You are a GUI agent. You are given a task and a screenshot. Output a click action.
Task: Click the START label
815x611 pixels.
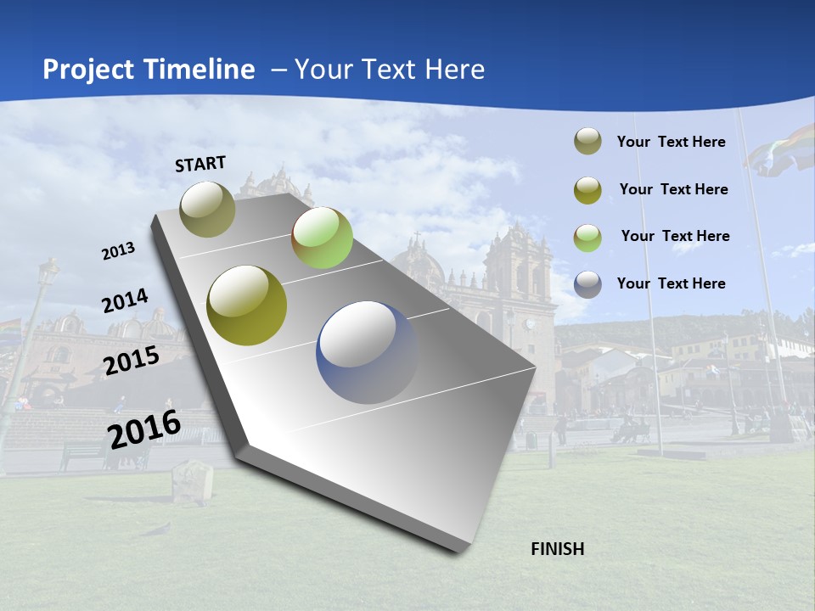coord(200,164)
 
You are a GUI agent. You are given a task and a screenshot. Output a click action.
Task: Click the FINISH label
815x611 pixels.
coord(557,549)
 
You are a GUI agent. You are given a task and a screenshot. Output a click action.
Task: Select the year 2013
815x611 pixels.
coord(118,251)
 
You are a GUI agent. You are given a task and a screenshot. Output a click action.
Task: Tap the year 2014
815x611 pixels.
coord(125,301)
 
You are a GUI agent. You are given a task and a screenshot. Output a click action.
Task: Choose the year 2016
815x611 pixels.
coord(144,429)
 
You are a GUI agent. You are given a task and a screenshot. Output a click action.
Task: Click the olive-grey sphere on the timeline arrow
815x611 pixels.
coord(208,209)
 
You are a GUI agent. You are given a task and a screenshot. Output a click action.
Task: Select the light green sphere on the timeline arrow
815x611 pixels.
coord(322,238)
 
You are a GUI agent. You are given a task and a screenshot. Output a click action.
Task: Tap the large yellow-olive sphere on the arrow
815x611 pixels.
coord(247,305)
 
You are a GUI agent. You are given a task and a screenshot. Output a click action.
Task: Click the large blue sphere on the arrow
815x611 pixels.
coord(367,352)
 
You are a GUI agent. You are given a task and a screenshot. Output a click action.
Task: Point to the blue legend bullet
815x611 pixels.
coord(587,284)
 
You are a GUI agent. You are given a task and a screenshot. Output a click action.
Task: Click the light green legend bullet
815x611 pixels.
coord(587,238)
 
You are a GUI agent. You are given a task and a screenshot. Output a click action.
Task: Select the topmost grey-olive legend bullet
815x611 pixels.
coord(587,142)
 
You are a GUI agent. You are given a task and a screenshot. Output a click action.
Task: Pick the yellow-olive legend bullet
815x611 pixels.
coord(587,190)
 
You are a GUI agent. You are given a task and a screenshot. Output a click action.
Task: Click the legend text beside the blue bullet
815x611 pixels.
coord(672,283)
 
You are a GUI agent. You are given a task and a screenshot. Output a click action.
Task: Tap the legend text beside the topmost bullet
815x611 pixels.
coord(672,142)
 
